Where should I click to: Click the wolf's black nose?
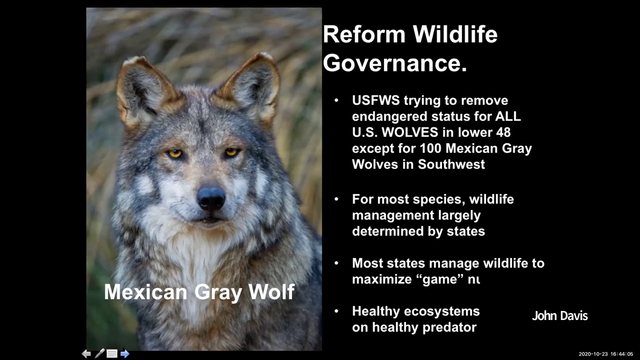211,197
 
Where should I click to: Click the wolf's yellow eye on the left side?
174,153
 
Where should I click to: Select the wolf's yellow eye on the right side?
231,152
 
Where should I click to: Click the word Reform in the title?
363,34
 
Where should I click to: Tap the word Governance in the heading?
394,63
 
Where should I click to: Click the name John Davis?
559,316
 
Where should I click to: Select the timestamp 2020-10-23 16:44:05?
605,354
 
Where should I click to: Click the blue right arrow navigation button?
125,353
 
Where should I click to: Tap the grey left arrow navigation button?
86,353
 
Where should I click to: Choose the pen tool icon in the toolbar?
99,353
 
